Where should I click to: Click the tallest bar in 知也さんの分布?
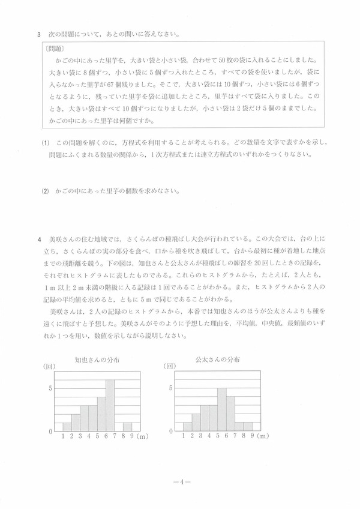(x=110, y=406)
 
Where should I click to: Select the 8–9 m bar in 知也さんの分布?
(x=127, y=427)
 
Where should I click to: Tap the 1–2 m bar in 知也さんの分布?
(x=67, y=427)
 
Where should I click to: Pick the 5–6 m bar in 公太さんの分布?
(x=221, y=410)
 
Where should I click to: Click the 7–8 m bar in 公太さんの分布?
(x=239, y=427)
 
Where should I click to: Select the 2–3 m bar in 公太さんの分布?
(x=196, y=423)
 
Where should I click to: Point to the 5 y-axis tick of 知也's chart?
(x=50, y=388)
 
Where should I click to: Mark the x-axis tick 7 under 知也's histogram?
(x=114, y=436)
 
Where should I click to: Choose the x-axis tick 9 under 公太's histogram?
(x=252, y=436)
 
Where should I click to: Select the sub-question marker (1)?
(x=44, y=144)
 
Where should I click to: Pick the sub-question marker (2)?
(x=44, y=191)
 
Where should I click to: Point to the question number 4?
(x=37, y=239)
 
